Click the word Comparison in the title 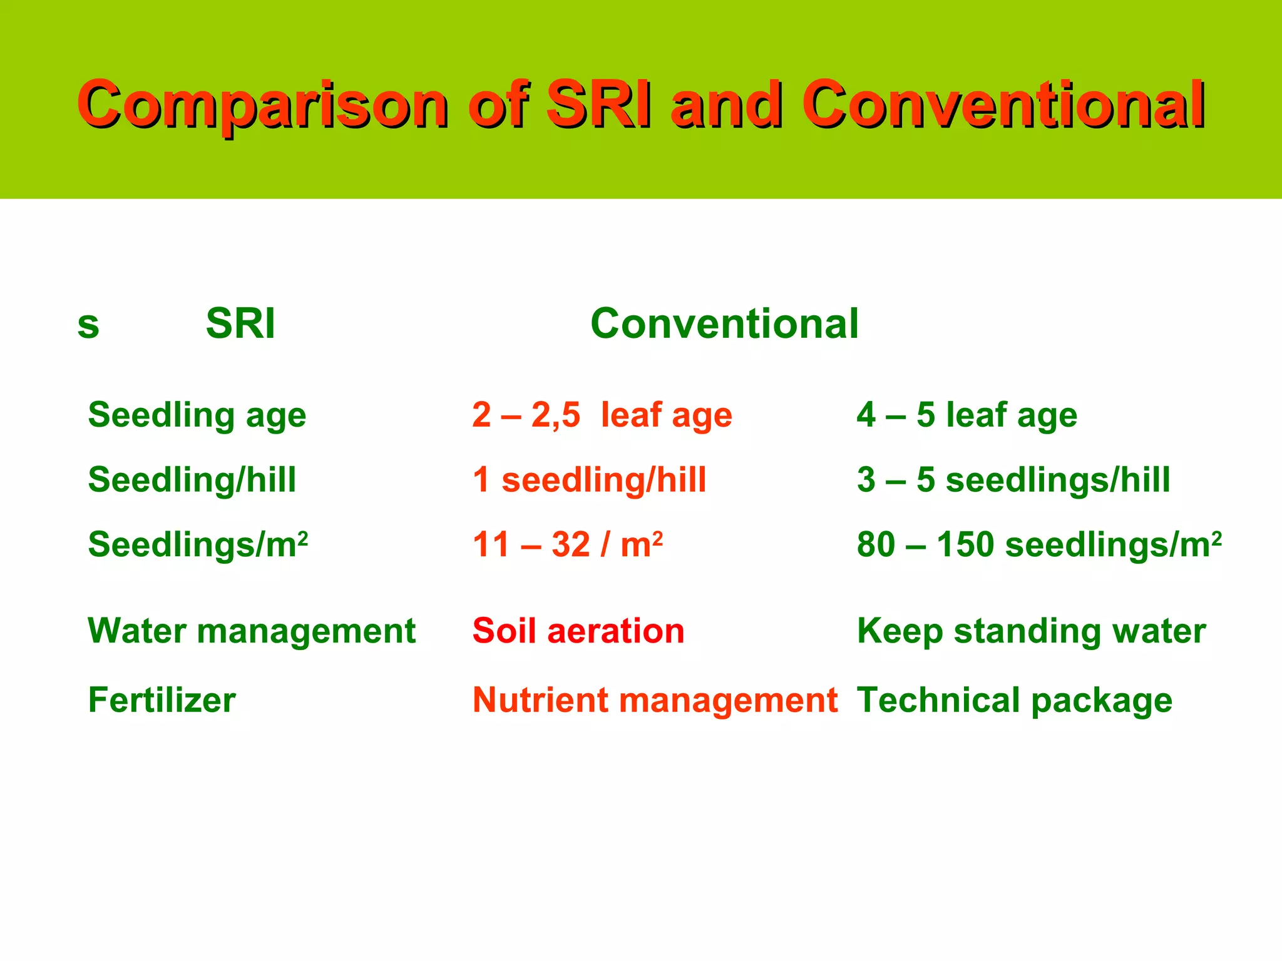pyautogui.click(x=263, y=105)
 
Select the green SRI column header pyautogui.click(x=240, y=324)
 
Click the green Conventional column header pyautogui.click(x=724, y=324)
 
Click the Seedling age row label pyautogui.click(x=197, y=415)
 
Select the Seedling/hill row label pyautogui.click(x=192, y=480)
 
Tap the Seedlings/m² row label pyautogui.click(x=198, y=544)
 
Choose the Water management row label pyautogui.click(x=252, y=631)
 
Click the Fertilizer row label pyautogui.click(x=162, y=700)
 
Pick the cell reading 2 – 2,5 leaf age pyautogui.click(x=602, y=415)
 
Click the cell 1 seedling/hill pyautogui.click(x=590, y=480)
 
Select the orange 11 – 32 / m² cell pyautogui.click(x=568, y=544)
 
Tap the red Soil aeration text pyautogui.click(x=578, y=631)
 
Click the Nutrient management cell pyautogui.click(x=655, y=700)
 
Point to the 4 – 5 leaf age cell pyautogui.click(x=967, y=415)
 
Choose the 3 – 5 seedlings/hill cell pyautogui.click(x=1013, y=480)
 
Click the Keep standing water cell pyautogui.click(x=1031, y=631)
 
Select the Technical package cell pyautogui.click(x=1015, y=700)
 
